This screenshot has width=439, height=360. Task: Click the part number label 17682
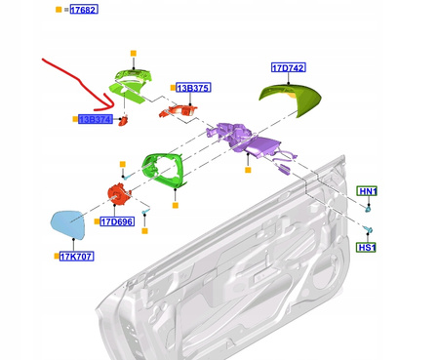point(84,10)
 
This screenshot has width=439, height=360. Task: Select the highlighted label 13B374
point(96,119)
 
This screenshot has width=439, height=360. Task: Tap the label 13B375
point(193,88)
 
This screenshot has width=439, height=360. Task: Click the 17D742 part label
point(289,67)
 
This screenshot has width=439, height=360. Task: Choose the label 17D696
point(117,221)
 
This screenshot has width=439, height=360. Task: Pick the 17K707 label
point(77,257)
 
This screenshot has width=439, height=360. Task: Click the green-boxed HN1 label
point(367,191)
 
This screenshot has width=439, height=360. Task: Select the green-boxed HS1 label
point(366,248)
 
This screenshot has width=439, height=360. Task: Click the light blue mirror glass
point(68,224)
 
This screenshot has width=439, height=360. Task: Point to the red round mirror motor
point(119,193)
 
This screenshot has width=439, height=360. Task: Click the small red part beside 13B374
point(124,120)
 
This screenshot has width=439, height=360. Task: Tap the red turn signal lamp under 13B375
point(179,110)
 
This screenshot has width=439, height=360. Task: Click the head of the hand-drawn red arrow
point(112,104)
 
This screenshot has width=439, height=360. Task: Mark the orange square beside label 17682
point(59,10)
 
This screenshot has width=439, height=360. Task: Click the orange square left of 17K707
point(57,257)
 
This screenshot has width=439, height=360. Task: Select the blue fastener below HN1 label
point(368,208)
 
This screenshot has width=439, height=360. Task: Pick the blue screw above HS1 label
point(368,229)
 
